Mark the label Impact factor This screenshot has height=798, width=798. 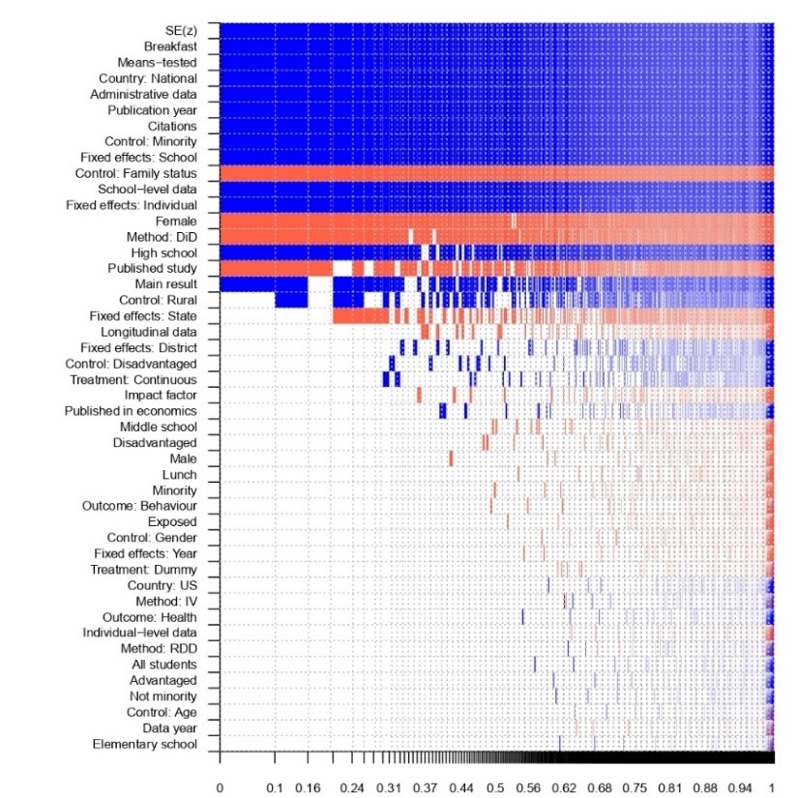click(x=161, y=395)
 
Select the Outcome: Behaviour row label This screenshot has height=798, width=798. click(x=146, y=506)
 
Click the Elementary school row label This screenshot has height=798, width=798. click(x=145, y=744)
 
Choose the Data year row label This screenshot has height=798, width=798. click(x=170, y=727)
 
